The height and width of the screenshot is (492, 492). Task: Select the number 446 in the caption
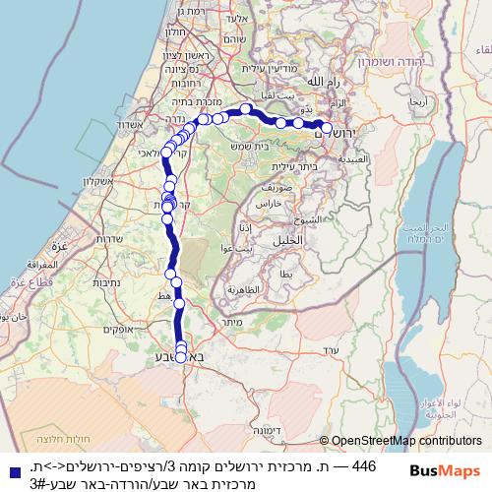coord(364,465)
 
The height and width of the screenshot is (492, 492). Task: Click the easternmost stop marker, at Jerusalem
coord(327,128)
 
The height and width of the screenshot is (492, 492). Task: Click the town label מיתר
coord(233,321)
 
